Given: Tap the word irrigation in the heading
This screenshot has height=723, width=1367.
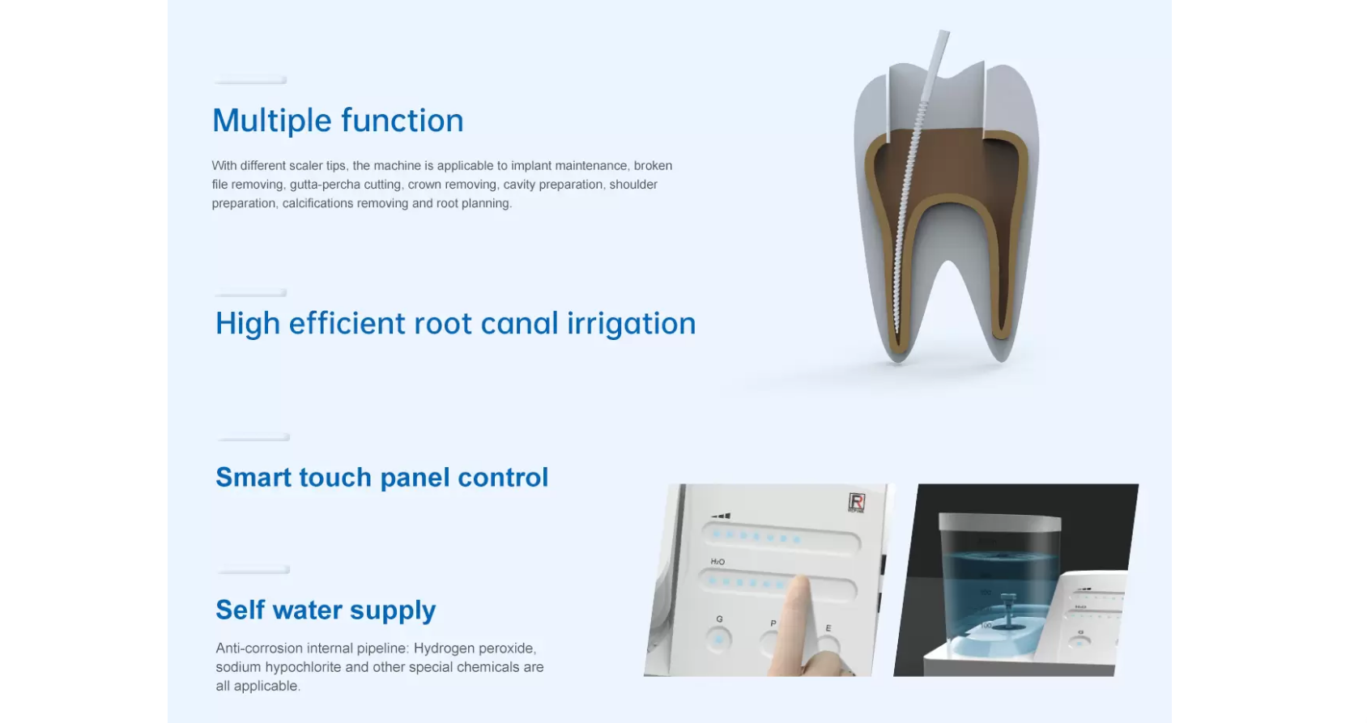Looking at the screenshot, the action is point(631,324).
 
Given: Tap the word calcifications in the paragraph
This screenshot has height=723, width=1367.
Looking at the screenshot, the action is point(317,203).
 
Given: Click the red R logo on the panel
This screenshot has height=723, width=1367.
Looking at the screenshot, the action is point(856,502).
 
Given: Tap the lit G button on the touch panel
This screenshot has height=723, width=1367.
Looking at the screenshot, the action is point(718,640).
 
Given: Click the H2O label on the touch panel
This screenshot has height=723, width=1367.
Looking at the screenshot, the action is point(717,561).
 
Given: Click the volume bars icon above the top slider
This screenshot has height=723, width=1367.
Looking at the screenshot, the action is point(721,517).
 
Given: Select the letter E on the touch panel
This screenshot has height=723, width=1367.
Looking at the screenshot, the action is point(828,627).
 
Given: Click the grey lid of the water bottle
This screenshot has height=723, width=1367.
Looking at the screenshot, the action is point(999,521).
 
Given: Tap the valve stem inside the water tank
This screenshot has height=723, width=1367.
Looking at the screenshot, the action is point(1007,610).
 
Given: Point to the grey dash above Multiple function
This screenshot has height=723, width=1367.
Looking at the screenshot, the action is point(250,80).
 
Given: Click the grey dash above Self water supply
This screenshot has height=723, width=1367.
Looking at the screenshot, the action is point(253,570).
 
